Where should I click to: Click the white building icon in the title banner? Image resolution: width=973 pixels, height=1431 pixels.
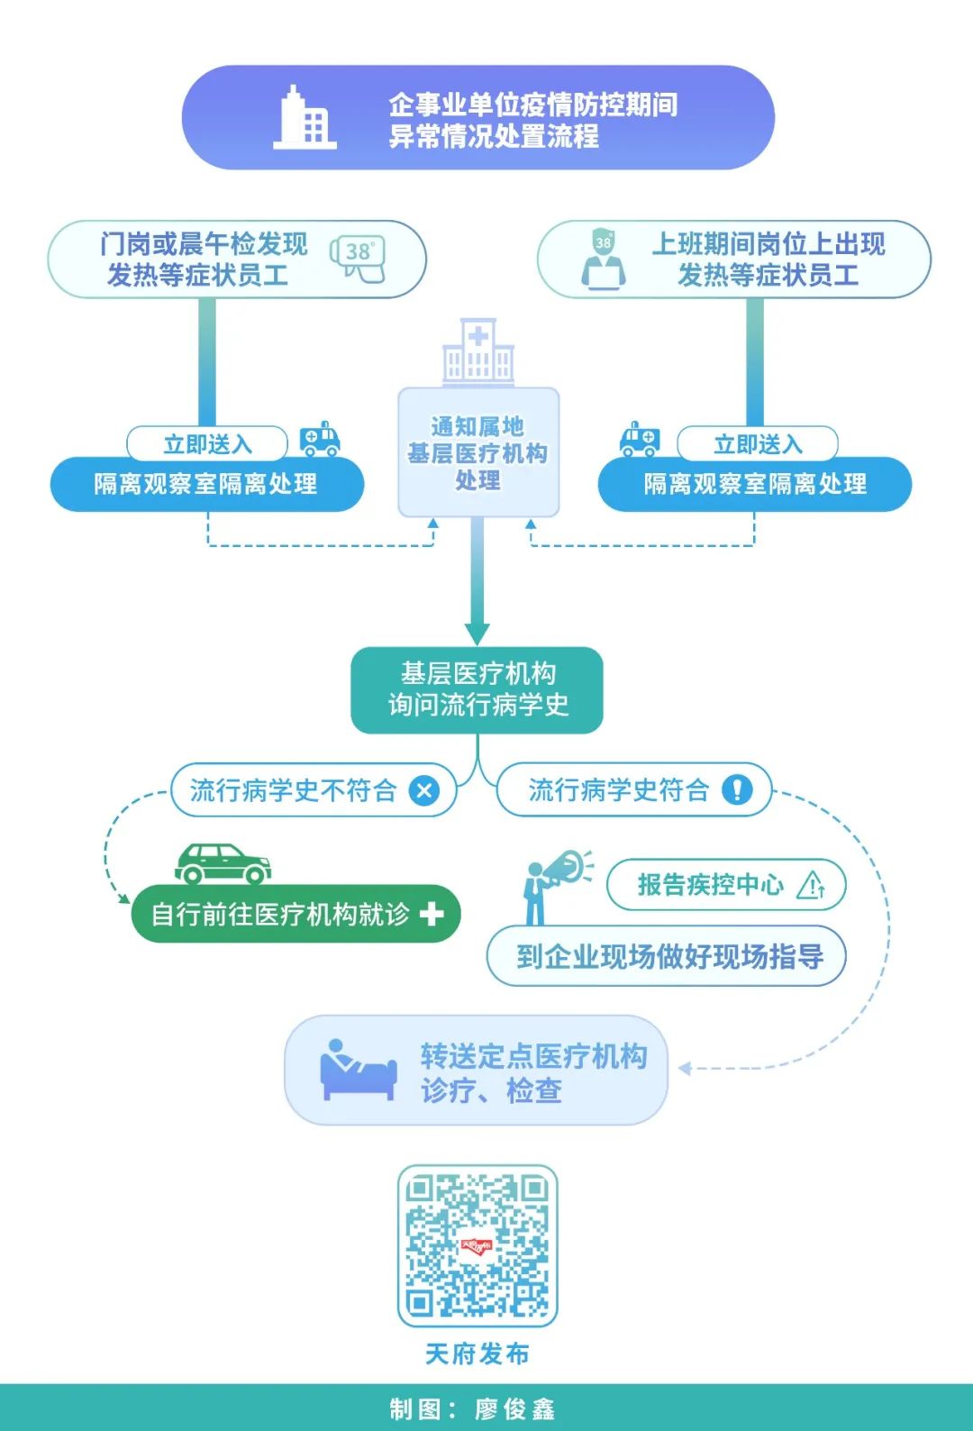305,117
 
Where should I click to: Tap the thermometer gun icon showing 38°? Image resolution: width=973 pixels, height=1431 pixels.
359,259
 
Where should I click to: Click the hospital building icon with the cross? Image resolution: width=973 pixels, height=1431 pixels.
478,352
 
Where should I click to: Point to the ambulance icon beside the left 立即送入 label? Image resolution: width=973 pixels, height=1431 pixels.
320,439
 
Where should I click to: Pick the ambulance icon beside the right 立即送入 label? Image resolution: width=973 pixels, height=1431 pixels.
640,439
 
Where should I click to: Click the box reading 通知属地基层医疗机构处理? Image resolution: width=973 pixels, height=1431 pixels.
478,452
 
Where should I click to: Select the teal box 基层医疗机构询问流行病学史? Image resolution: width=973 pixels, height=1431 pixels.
477,689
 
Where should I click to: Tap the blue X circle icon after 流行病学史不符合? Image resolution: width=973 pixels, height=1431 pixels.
423,790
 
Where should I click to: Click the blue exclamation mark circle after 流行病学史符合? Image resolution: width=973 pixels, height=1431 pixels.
737,790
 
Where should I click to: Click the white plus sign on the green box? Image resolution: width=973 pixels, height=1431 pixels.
432,914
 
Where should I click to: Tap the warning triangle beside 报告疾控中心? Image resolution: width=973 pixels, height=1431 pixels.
811,885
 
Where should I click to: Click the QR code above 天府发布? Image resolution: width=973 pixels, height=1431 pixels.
477,1245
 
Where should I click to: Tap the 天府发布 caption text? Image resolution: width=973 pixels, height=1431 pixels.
477,1354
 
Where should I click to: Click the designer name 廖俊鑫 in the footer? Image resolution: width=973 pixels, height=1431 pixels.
515,1408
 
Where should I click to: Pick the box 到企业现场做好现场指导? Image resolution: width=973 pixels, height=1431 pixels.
667,956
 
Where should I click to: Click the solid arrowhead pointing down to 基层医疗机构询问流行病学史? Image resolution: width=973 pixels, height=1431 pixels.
477,631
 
